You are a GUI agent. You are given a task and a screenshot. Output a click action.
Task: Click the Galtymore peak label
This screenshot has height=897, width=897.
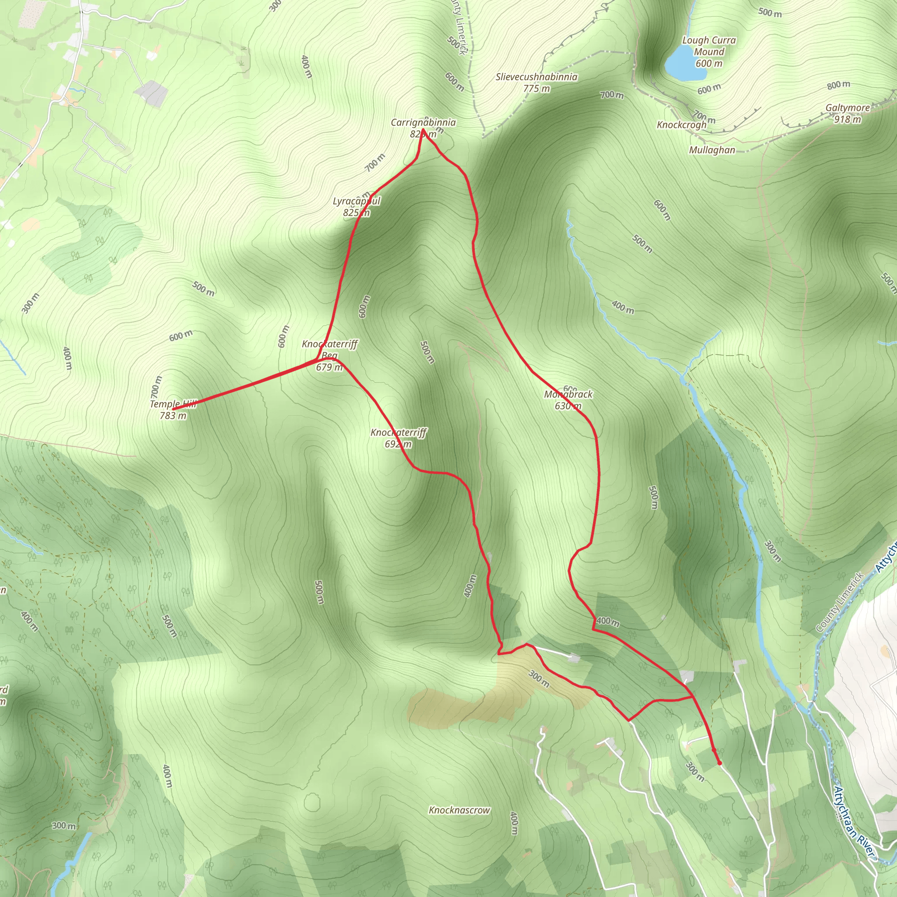pyautogui.click(x=848, y=108)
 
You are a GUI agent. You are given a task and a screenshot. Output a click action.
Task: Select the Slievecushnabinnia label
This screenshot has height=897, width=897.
pyautogui.click(x=536, y=77)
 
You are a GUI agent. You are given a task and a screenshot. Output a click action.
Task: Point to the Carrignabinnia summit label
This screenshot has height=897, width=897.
pyautogui.click(x=423, y=123)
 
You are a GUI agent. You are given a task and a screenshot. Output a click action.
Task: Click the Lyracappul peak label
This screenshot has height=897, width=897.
pyautogui.click(x=357, y=201)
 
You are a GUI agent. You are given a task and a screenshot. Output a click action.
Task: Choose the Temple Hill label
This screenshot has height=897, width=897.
pyautogui.click(x=173, y=404)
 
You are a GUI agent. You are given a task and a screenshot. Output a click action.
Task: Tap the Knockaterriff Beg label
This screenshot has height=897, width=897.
pyautogui.click(x=330, y=350)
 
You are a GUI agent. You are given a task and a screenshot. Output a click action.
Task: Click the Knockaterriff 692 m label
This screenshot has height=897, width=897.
pyautogui.click(x=399, y=433)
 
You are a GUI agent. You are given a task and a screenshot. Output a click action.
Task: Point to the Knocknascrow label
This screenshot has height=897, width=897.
pyautogui.click(x=459, y=810)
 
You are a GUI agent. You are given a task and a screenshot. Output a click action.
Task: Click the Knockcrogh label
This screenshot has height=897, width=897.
pyautogui.click(x=682, y=125)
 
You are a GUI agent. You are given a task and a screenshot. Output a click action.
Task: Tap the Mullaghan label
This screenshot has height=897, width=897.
pyautogui.click(x=712, y=150)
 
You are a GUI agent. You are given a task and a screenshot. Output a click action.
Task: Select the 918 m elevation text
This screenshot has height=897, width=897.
pyautogui.click(x=848, y=119)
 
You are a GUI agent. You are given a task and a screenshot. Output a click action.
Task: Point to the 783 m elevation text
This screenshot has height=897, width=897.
pyautogui.click(x=173, y=416)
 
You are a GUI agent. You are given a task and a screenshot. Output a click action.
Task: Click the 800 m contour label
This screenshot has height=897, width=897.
pyautogui.click(x=838, y=85)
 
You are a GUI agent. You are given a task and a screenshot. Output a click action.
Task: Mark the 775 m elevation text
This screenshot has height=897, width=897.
pyautogui.click(x=536, y=88)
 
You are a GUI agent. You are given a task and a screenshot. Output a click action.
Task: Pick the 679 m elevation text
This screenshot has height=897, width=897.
pyautogui.click(x=329, y=367)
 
